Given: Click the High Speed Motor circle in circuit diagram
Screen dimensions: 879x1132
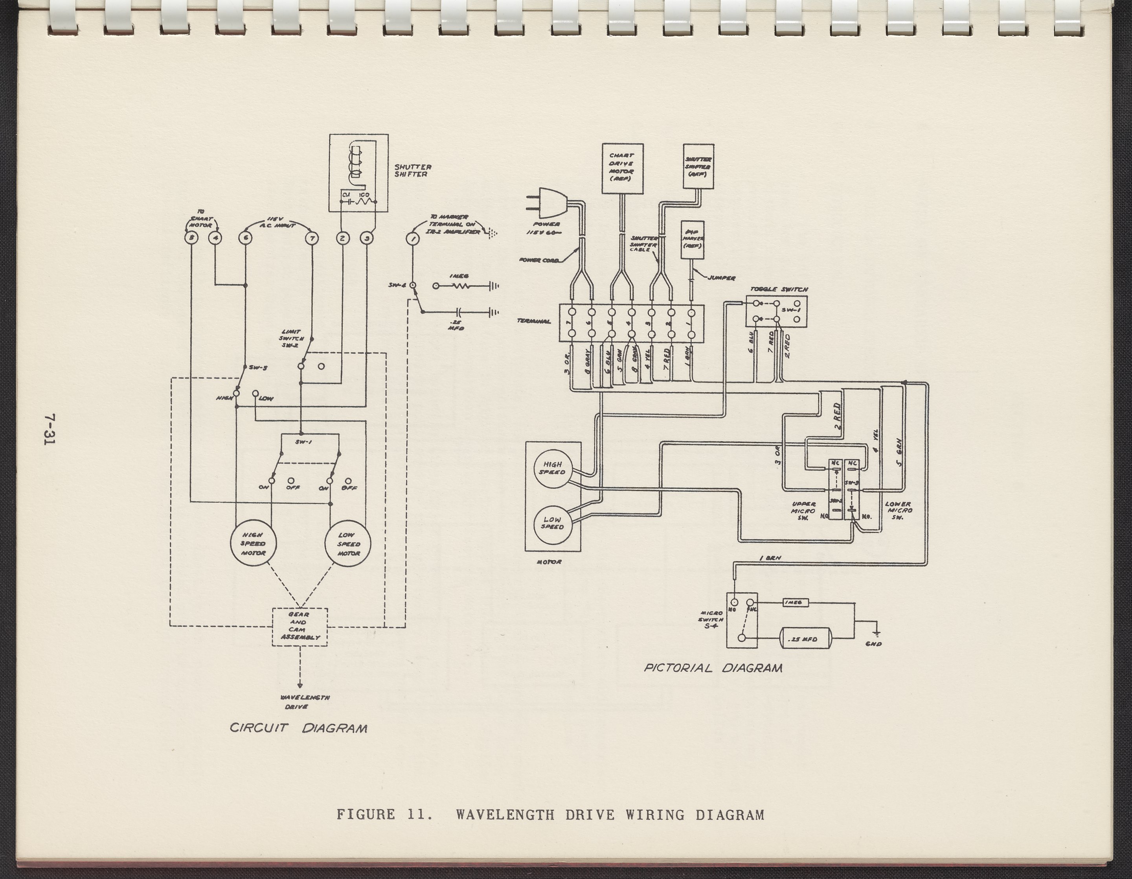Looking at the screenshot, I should coord(253,544).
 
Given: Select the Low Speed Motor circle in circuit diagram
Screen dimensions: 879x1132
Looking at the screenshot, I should coord(348,544).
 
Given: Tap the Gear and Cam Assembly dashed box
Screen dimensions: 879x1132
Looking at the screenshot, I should coord(300,627).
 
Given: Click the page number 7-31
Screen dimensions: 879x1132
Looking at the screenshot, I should coord(50,429).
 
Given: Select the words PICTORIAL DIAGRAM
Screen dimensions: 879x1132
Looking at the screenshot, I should coord(713,668).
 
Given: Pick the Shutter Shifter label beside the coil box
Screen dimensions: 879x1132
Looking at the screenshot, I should coord(413,171).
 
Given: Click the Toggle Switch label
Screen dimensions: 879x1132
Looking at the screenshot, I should coord(779,289).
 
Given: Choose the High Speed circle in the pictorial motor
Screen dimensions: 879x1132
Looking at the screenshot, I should coord(553,469).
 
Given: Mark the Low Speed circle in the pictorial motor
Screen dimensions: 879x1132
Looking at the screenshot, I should coord(553,523).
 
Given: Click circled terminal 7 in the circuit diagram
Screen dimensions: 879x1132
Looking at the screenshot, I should coord(312,238).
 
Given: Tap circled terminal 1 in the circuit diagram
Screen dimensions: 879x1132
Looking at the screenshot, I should coord(413,238).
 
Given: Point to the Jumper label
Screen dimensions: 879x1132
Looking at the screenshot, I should coord(722,278).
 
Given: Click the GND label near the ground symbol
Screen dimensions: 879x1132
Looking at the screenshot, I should coord(874,644).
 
